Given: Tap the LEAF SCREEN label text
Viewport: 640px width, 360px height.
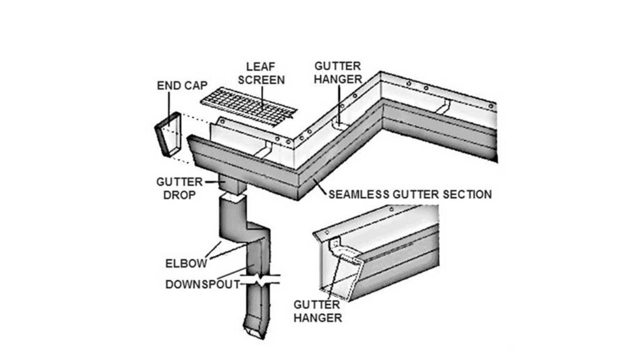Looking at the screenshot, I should (x=265, y=72).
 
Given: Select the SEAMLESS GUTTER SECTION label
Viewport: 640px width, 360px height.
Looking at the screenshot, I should (x=409, y=194).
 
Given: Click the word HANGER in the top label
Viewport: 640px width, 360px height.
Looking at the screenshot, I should (x=338, y=79).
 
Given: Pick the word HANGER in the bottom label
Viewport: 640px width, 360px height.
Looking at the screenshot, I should (x=319, y=317).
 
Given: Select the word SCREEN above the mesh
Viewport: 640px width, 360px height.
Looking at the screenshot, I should (x=265, y=80).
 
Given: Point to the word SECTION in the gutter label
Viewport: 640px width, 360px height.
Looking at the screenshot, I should (x=469, y=194).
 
